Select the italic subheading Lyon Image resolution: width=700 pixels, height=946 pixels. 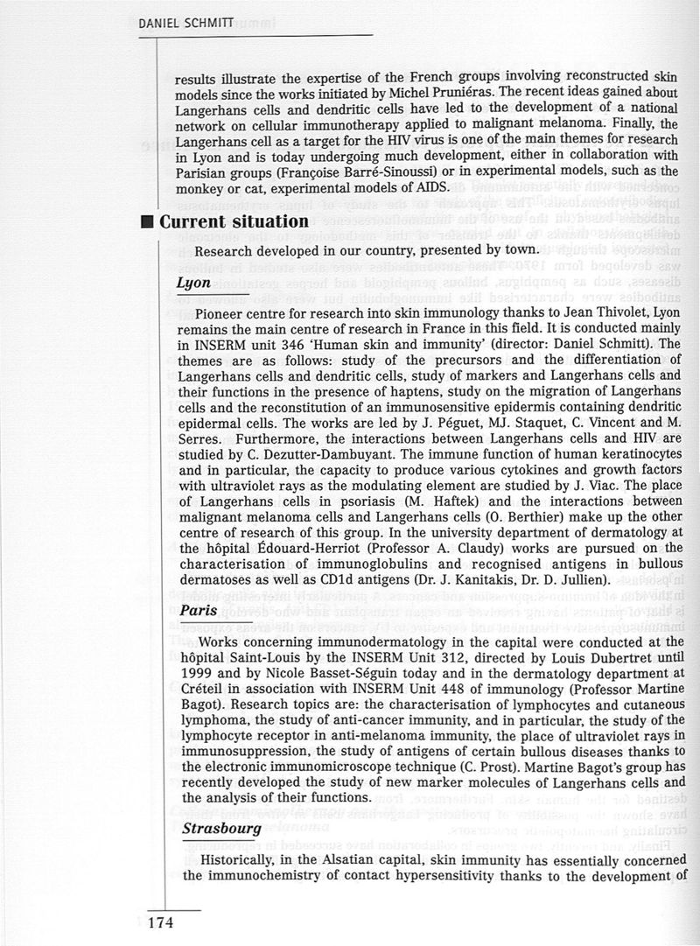193,284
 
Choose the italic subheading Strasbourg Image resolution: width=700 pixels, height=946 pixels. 218,827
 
